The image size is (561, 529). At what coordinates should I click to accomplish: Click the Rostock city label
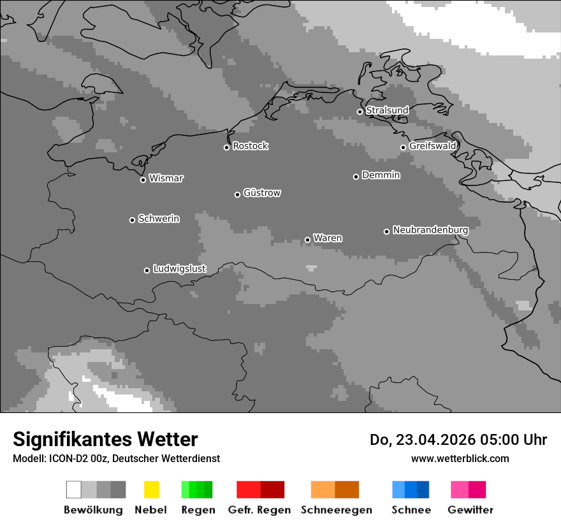(250, 146)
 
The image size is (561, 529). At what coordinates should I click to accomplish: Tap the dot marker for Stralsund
(360, 112)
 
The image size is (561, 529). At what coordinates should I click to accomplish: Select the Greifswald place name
(432, 146)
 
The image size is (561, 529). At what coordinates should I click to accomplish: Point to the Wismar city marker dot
(143, 180)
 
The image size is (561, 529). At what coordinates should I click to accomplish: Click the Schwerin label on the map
(159, 219)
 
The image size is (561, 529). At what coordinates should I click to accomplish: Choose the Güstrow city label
(261, 192)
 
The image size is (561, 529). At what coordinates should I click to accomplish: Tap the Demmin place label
(381, 175)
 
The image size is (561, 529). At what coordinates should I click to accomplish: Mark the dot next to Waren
(307, 240)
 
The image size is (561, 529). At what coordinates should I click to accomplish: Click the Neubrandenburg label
(430, 229)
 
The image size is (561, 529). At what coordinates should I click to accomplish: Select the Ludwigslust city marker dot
(147, 270)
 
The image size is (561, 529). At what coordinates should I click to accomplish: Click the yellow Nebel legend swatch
(151, 489)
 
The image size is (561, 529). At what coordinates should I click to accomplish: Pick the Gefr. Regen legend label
(259, 510)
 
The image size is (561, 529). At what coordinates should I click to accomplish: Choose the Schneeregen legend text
(337, 510)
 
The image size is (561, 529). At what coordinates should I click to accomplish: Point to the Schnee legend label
(411, 510)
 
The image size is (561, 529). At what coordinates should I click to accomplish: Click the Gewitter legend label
(470, 510)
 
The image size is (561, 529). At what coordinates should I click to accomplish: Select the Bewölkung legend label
(93, 510)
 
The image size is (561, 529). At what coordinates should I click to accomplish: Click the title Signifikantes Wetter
(105, 439)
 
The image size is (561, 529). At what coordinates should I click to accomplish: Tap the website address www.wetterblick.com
(460, 458)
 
